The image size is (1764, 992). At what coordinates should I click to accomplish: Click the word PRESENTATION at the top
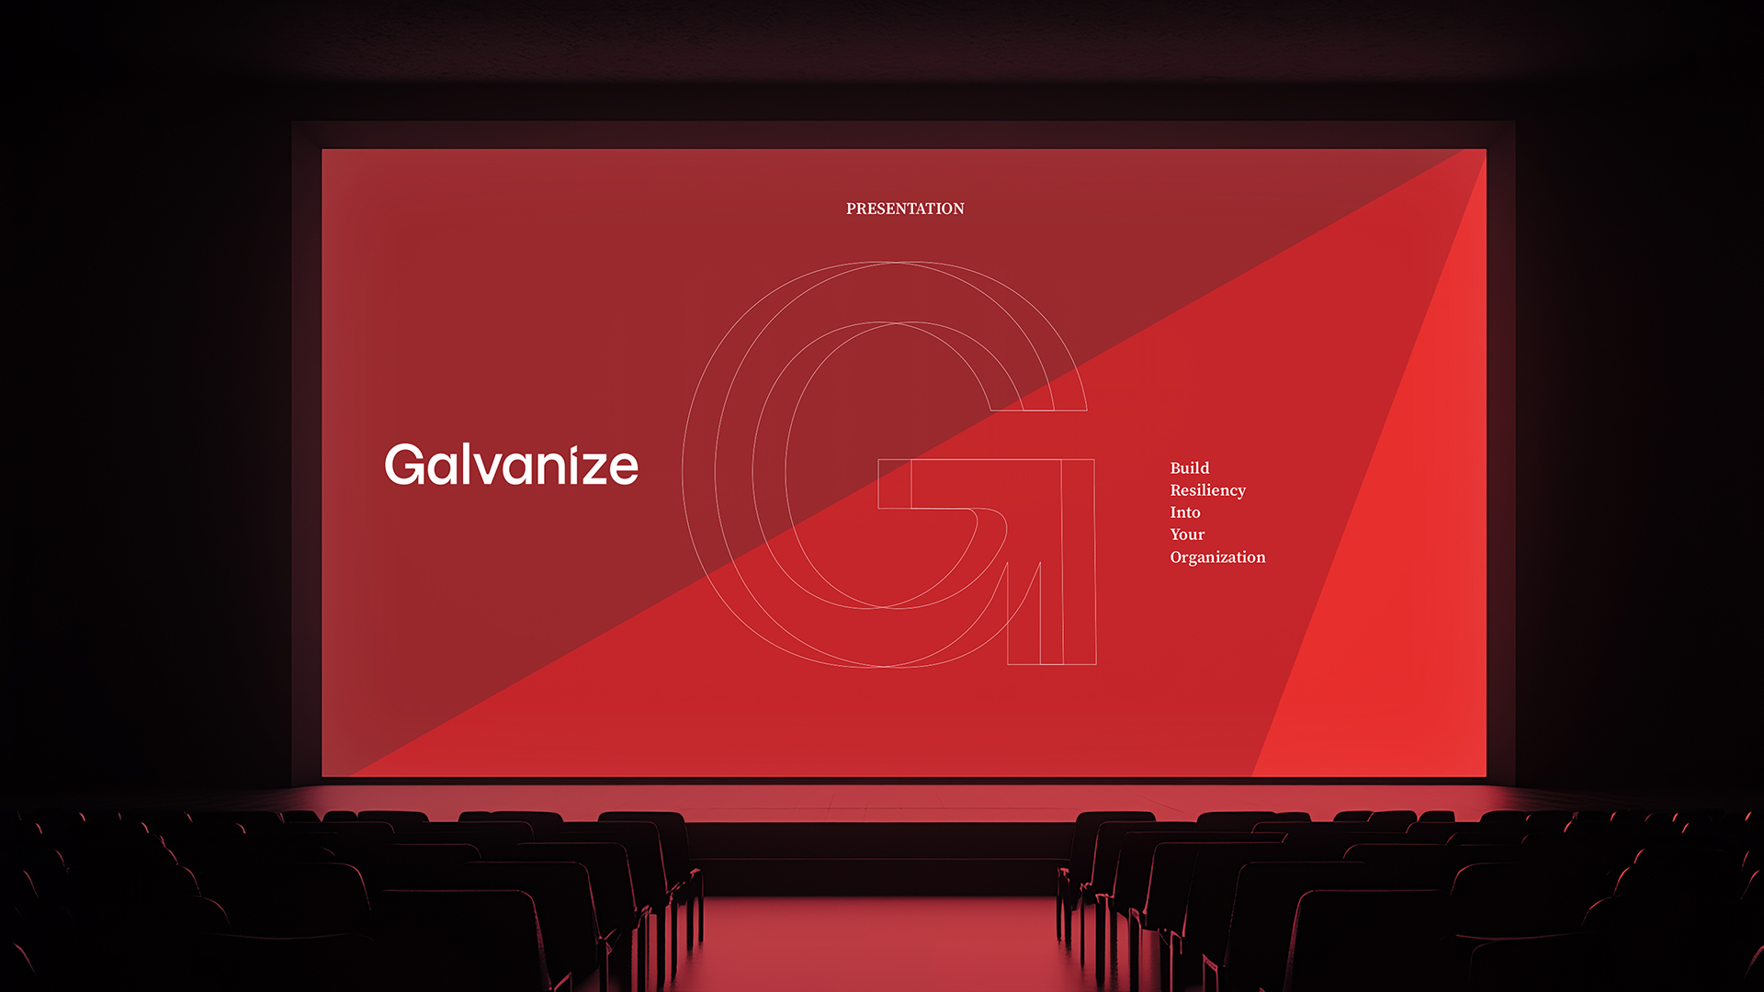(x=905, y=209)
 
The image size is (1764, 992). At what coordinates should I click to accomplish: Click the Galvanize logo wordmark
(x=511, y=465)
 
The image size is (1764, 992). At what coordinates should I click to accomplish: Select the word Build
(x=1190, y=468)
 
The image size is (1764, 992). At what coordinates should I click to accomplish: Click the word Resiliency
(x=1207, y=490)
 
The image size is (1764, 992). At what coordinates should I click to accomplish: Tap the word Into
(x=1185, y=513)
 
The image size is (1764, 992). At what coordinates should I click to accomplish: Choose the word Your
(x=1187, y=535)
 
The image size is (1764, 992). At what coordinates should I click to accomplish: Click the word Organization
(x=1217, y=558)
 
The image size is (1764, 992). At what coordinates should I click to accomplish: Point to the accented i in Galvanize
(x=572, y=465)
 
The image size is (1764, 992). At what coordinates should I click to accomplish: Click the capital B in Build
(x=1176, y=468)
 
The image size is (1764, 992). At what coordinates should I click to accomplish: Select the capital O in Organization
(x=1177, y=558)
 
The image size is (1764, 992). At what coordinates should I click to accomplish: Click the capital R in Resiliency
(x=1176, y=490)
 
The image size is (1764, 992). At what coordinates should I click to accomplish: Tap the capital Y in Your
(x=1176, y=535)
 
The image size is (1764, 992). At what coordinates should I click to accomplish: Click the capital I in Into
(x=1173, y=513)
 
